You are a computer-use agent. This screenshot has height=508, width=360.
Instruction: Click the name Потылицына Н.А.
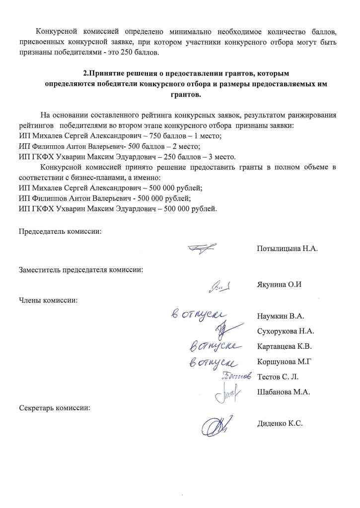(287, 249)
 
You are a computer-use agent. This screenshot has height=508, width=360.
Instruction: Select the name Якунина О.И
(280, 284)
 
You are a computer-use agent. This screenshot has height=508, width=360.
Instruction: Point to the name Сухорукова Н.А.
(286, 331)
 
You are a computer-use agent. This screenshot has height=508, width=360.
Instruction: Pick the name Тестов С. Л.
(278, 377)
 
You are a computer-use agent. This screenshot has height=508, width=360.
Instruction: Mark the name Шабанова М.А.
(284, 392)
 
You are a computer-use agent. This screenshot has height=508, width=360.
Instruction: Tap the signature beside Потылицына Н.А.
(202, 248)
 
